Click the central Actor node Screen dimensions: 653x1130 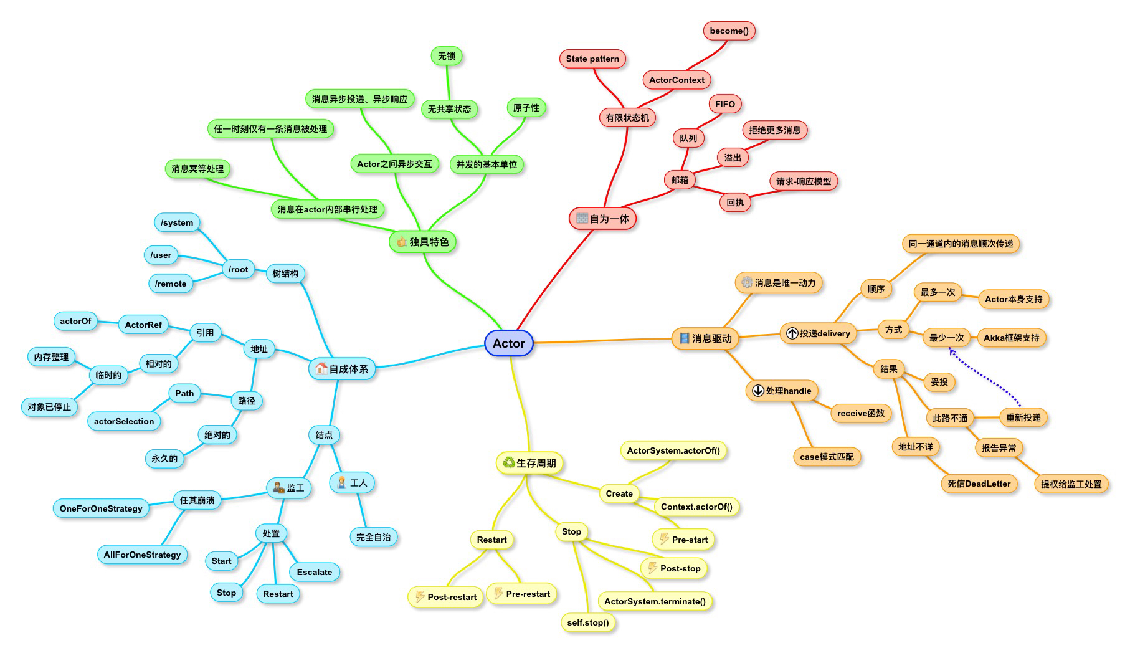coord(508,343)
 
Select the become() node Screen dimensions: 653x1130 coord(729,31)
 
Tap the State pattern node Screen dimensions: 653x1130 coord(592,59)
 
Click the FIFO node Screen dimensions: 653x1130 coord(724,104)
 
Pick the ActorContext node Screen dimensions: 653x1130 coord(677,80)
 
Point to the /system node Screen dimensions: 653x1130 coord(177,222)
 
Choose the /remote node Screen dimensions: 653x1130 coord(171,284)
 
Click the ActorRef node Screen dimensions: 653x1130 coord(143,325)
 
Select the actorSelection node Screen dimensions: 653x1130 coord(124,421)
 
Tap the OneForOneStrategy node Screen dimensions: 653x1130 coord(101,508)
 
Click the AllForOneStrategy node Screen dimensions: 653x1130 coord(142,555)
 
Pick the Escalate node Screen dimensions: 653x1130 coord(315,572)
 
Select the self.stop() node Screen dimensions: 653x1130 coord(587,622)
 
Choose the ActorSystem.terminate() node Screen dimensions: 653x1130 coord(655,601)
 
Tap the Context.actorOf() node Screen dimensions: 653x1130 coord(696,507)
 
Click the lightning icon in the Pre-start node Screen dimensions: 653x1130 coord(664,539)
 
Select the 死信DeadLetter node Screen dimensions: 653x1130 coord(979,484)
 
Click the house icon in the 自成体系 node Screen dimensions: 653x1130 coord(321,368)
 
